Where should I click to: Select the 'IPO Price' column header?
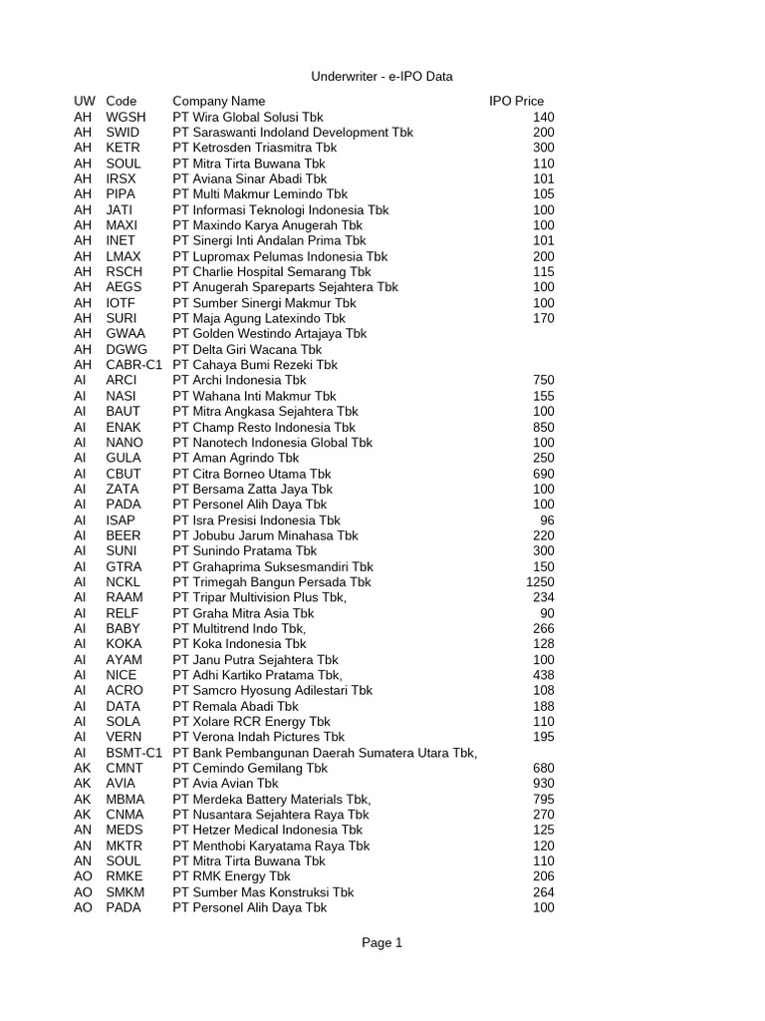point(516,101)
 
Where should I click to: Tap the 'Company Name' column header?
point(219,101)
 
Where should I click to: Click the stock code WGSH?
point(126,117)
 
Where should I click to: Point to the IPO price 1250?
point(539,581)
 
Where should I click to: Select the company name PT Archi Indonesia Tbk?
point(240,380)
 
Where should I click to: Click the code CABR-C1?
point(133,364)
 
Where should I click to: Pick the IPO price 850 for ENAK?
point(543,427)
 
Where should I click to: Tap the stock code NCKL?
point(124,581)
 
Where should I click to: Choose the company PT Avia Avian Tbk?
point(226,784)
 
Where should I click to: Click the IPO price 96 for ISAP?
point(547,519)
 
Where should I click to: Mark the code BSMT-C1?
point(133,753)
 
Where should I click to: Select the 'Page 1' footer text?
point(382,942)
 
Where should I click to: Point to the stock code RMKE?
point(125,876)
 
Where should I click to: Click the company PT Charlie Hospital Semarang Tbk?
point(272,271)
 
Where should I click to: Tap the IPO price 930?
point(543,784)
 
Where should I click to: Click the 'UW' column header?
point(84,101)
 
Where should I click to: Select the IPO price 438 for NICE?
point(543,675)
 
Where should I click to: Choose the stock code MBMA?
point(125,799)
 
